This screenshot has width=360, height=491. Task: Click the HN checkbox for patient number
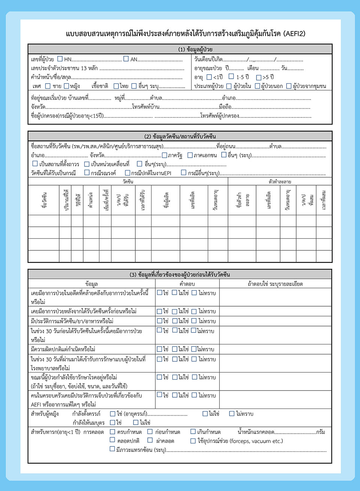60,59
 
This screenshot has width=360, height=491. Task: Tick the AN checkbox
126,59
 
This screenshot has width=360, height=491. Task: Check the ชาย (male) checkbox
48,86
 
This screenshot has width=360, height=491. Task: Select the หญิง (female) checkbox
67,86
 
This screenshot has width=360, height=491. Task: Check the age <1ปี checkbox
209,77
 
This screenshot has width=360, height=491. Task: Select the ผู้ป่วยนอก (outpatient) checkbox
258,86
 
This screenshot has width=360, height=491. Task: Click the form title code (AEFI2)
294,34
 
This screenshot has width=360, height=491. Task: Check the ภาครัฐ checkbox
164,155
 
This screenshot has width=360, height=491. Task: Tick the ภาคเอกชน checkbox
190,155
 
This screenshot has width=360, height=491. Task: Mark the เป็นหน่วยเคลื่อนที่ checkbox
87,164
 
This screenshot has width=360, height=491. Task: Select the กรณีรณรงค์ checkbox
87,173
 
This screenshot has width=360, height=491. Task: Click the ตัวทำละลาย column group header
280,182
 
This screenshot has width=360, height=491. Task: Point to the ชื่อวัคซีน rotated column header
44,199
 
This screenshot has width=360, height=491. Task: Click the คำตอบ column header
187,284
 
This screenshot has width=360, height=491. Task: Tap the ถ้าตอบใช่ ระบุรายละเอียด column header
275,284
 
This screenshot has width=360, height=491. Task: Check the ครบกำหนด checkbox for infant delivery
112,432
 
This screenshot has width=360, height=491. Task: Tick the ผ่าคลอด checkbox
150,440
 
